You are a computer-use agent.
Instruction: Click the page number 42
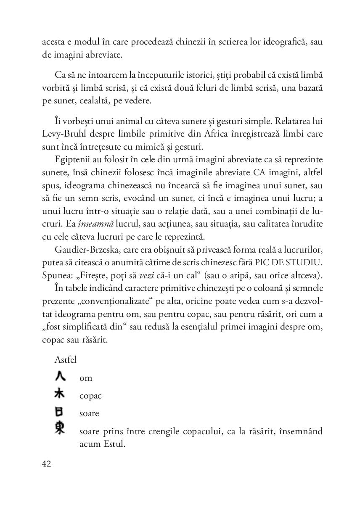pos(47,464)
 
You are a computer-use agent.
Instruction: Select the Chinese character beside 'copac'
pos(60,393)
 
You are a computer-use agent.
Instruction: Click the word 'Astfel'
pos(66,359)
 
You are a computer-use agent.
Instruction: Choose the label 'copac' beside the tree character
pos(90,396)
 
